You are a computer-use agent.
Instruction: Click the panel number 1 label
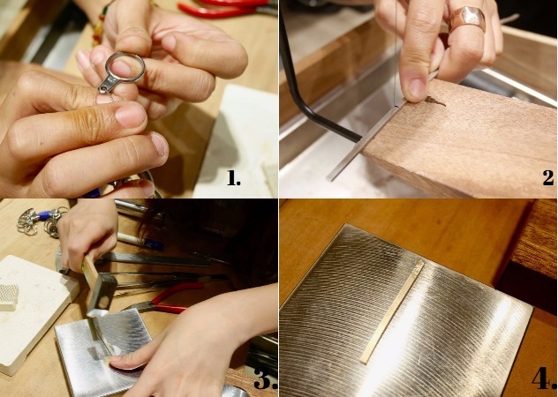pos(233,177)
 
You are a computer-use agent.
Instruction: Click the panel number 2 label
pos(548,177)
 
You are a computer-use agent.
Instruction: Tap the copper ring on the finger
pos(467,19)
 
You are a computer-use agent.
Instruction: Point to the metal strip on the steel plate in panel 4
pos(392,312)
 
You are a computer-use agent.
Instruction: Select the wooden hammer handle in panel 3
pos(90,270)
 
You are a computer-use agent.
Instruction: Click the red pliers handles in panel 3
pos(172,298)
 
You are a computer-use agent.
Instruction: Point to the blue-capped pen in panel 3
pos(140,241)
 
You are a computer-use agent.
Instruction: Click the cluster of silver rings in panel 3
pos(41,222)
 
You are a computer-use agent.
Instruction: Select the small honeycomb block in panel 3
pos(9,297)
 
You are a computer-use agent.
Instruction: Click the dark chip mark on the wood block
pos(434,101)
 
